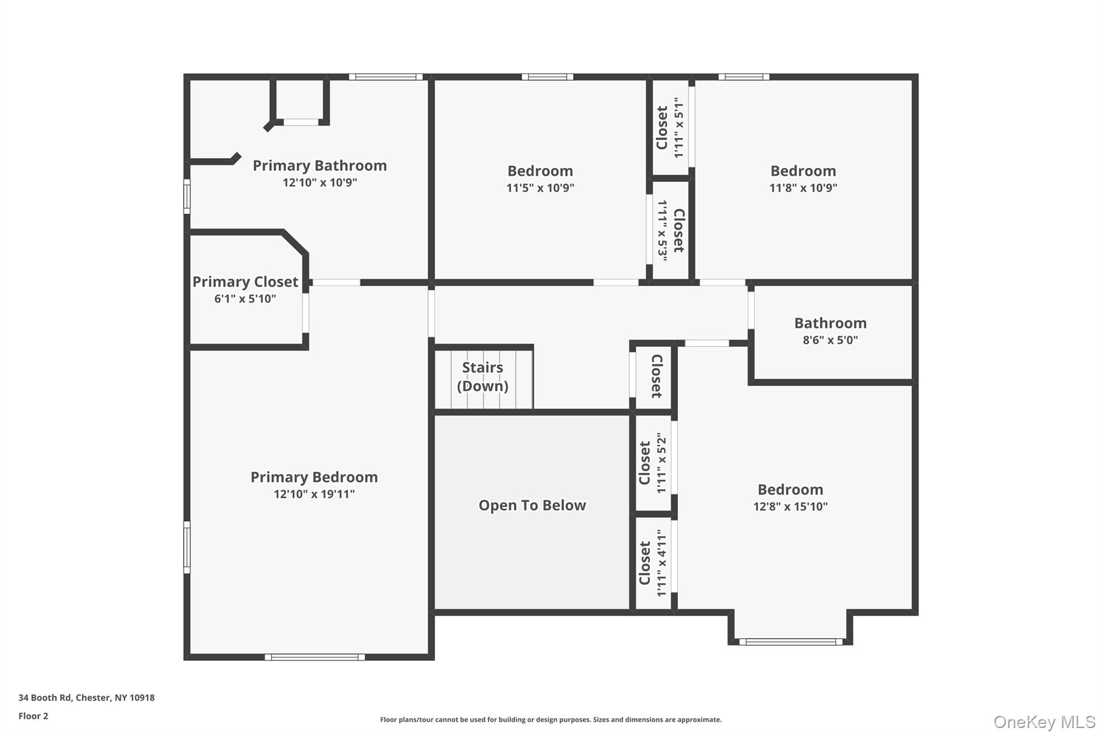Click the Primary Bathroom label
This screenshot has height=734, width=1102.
[x=320, y=166]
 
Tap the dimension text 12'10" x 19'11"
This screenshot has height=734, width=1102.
[x=314, y=494]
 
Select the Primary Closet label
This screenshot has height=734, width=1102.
[x=245, y=282]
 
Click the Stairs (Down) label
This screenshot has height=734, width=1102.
[x=483, y=376]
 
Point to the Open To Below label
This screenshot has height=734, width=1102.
[x=532, y=505]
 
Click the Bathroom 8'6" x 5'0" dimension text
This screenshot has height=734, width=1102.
[x=830, y=340]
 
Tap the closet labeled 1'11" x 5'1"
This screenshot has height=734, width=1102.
[x=670, y=128]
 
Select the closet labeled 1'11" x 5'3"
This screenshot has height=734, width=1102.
[x=670, y=231]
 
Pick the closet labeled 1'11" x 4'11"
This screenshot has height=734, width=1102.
[x=653, y=563]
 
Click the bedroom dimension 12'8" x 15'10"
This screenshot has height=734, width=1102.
[x=790, y=507]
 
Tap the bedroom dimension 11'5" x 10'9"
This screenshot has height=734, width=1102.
[x=540, y=188]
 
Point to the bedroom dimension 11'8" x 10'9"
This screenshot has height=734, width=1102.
[x=803, y=188]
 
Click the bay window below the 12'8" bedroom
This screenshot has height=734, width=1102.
[x=790, y=642]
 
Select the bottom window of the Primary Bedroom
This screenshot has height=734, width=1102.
[x=315, y=657]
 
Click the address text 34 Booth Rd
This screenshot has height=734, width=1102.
[x=86, y=697]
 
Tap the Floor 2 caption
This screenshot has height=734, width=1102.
[x=33, y=716]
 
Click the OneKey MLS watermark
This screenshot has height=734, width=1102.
[x=1044, y=722]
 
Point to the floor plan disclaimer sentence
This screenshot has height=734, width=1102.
[x=550, y=719]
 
